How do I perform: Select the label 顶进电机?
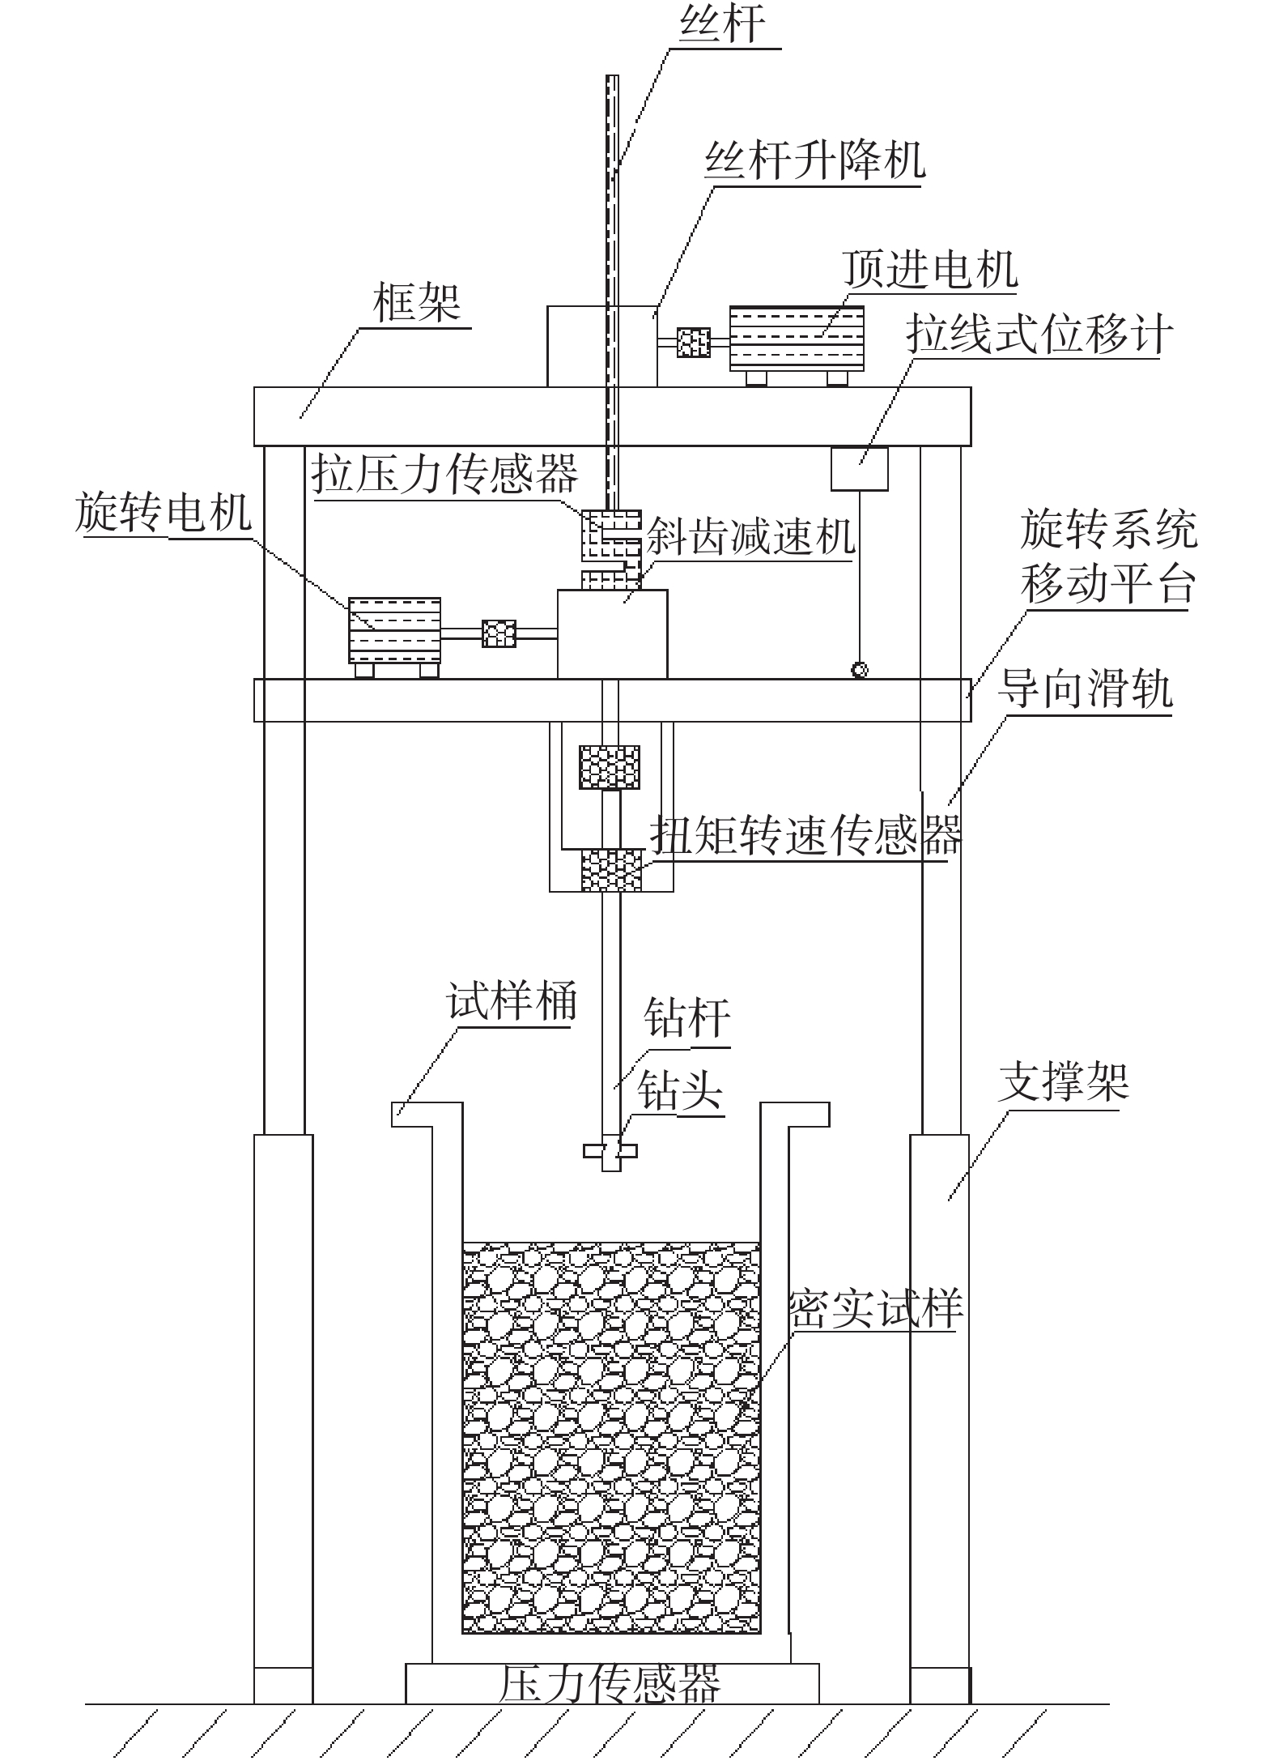point(930,269)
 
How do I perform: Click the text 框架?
point(417,303)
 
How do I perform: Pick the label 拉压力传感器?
point(445,474)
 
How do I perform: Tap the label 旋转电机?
point(164,513)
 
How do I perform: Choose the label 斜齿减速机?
point(751,536)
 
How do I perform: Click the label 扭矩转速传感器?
point(806,835)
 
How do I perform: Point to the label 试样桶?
point(512,1001)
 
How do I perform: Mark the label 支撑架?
point(1063,1082)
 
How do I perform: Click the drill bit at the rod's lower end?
point(610,1151)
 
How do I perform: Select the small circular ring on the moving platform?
point(860,670)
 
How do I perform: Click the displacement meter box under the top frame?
point(860,468)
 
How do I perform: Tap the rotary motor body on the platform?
point(394,630)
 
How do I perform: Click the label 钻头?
point(679,1090)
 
